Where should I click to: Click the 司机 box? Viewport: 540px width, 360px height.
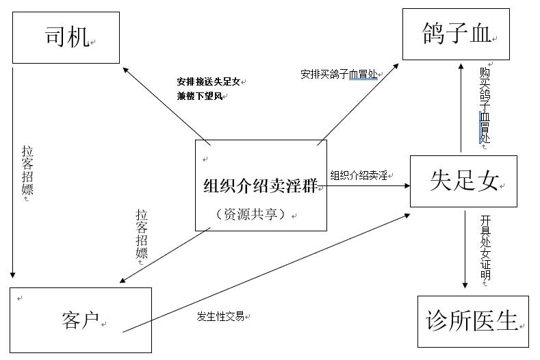66,37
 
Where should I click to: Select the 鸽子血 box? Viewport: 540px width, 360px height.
456,35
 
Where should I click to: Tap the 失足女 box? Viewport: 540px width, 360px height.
463,181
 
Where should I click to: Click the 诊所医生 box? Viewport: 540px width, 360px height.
472,321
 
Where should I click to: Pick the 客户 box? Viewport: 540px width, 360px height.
81,320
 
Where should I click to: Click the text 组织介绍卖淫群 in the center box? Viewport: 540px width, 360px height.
259,186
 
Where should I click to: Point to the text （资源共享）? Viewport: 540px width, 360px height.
250,214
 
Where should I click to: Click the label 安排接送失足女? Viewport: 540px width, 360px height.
209,81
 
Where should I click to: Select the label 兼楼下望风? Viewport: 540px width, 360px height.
199,97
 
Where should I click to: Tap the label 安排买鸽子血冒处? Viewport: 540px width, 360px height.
338,74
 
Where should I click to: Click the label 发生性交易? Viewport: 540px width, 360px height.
220,316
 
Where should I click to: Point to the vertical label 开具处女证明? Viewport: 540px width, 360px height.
485,247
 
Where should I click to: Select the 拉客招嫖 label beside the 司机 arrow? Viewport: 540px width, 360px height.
27,170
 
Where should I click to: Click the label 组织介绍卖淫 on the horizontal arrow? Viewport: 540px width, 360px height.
359,175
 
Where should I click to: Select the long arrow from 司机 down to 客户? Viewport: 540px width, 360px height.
12,171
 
